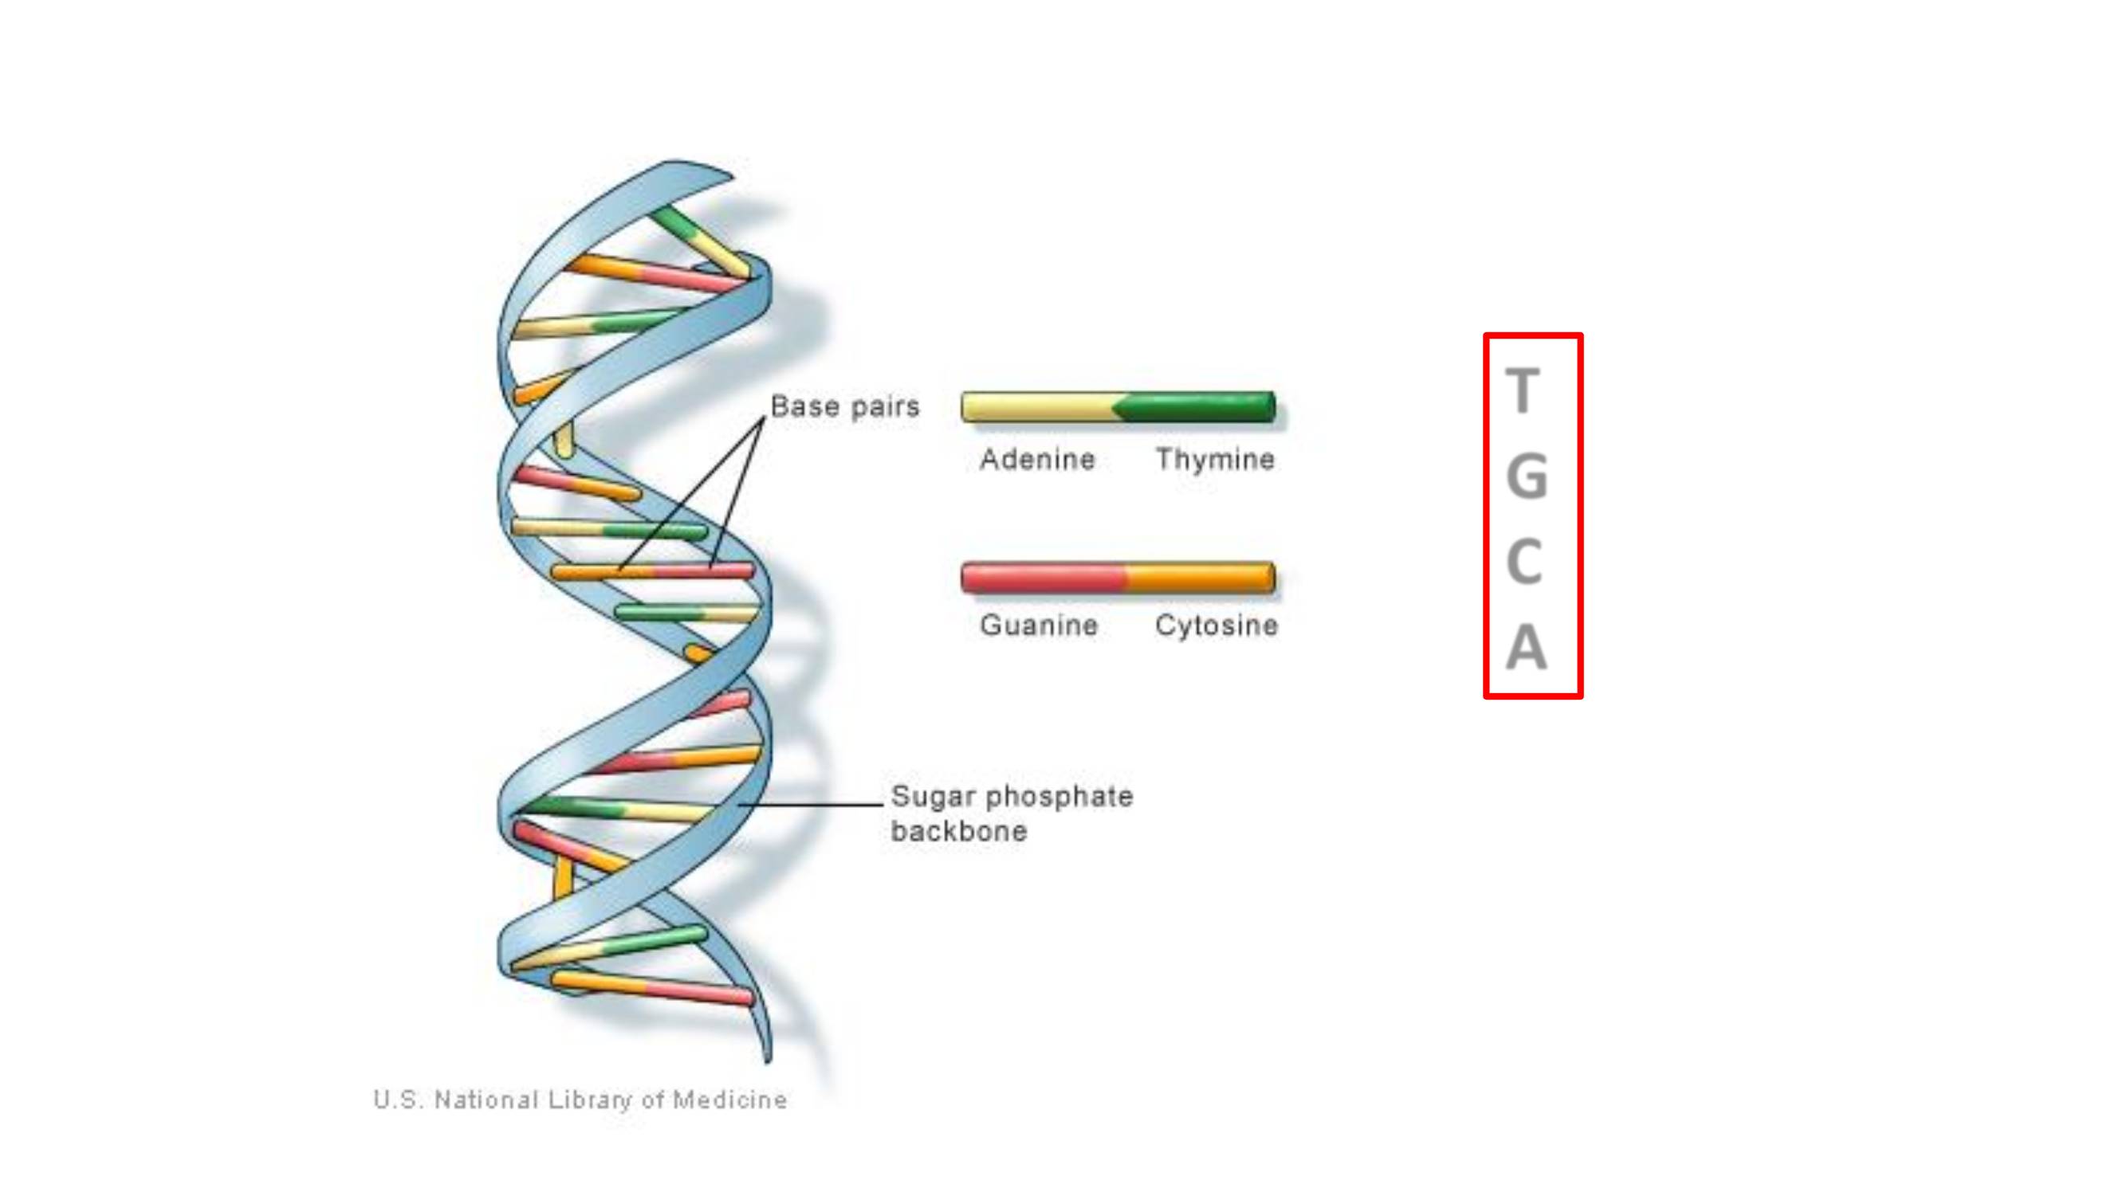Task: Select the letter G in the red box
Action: pos(1527,476)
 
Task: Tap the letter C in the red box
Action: pos(1524,561)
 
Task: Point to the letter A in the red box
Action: pos(1526,646)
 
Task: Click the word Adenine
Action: pos(1037,459)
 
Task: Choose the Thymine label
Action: pos(1215,459)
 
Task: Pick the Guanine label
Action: pos(1039,625)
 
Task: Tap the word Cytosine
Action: pos(1217,625)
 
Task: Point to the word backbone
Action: pos(958,830)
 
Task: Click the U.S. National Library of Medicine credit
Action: pos(580,1100)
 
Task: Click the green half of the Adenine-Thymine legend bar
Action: pos(1196,407)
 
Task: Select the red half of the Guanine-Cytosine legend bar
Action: pos(1044,578)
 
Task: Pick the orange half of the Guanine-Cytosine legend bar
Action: pos(1201,578)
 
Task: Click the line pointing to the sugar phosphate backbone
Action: pos(810,804)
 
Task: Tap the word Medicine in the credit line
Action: pos(730,1100)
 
